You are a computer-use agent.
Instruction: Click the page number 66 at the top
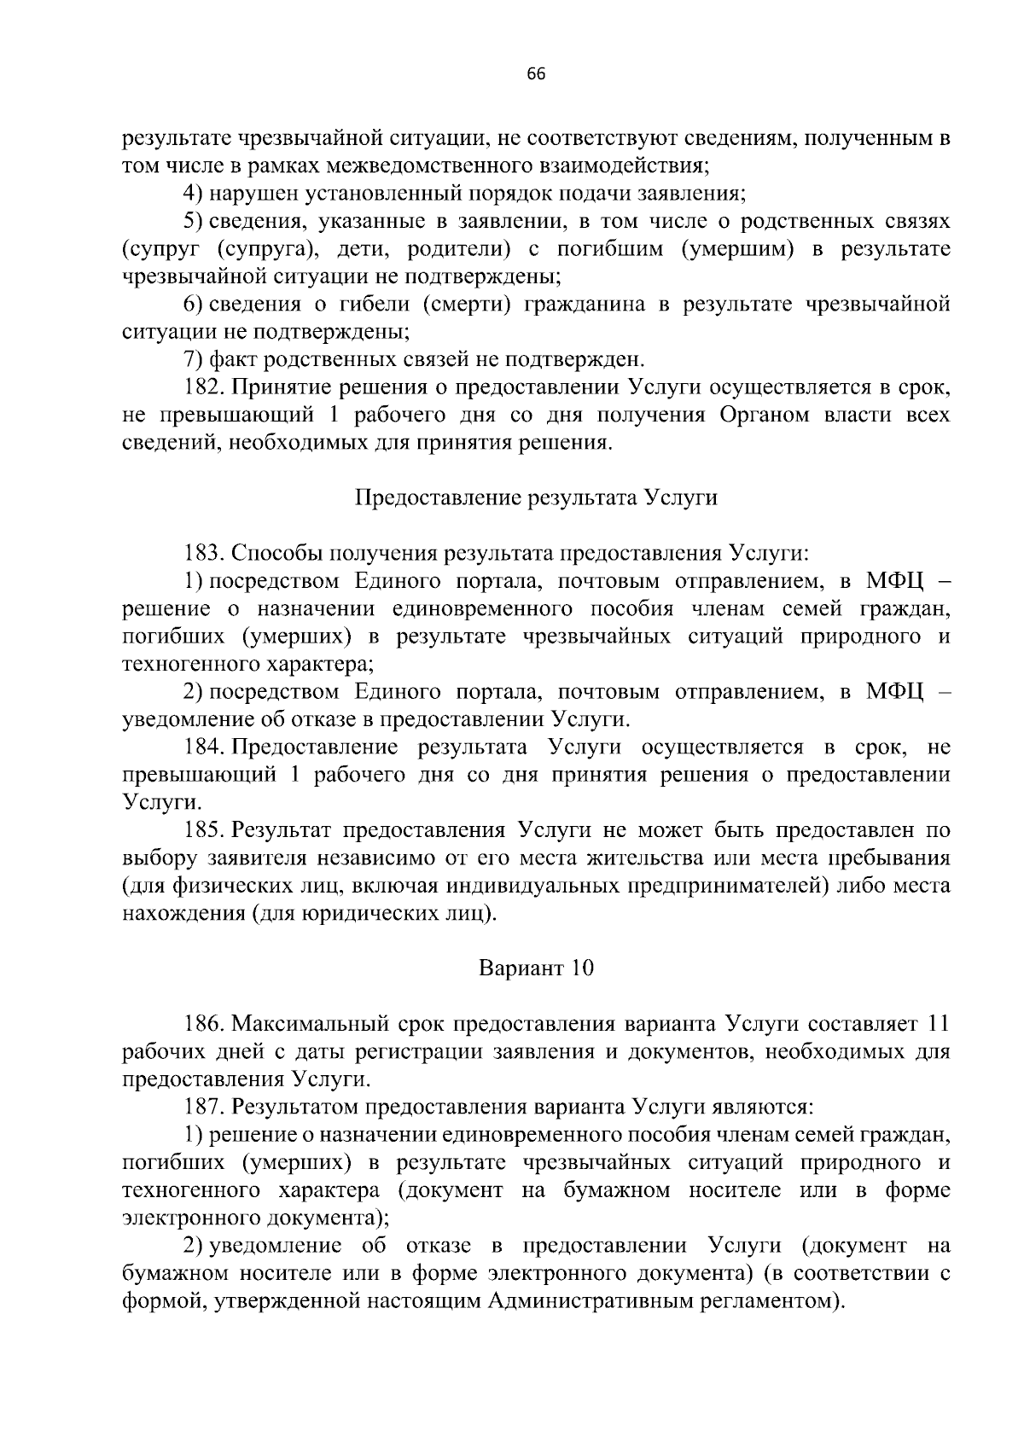point(536,74)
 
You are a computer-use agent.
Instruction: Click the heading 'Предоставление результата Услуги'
point(536,498)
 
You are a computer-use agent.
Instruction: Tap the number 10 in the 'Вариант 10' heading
point(581,968)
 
